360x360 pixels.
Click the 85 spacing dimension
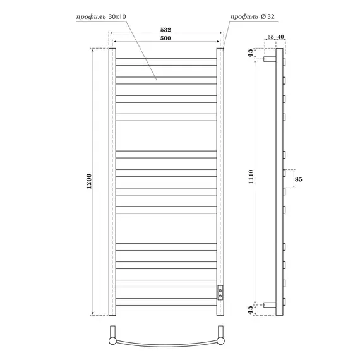point(306,179)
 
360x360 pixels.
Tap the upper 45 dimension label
point(251,52)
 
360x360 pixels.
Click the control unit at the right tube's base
point(220,292)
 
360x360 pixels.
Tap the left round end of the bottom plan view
point(112,339)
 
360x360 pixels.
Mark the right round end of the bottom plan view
point(220,339)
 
